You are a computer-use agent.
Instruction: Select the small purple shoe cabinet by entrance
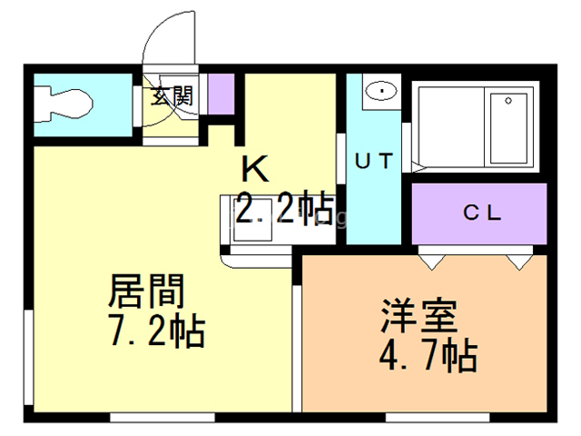point(222,94)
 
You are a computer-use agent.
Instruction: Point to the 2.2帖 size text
point(283,210)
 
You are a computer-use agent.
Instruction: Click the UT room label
point(373,163)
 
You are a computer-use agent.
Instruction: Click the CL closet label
point(482,213)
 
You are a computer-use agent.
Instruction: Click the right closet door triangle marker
point(518,262)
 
